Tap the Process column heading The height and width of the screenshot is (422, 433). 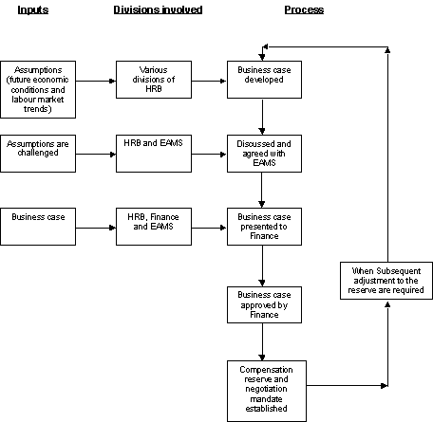303,9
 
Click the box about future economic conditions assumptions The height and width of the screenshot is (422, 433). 39,82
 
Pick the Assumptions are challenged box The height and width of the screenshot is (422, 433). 39,152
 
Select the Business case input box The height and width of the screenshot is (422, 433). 39,228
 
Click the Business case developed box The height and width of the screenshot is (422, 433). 261,82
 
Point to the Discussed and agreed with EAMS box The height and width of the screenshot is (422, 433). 261,152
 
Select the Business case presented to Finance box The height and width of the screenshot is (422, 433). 261,228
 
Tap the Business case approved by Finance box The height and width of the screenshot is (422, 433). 261,305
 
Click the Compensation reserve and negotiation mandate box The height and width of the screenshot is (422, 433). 261,386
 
